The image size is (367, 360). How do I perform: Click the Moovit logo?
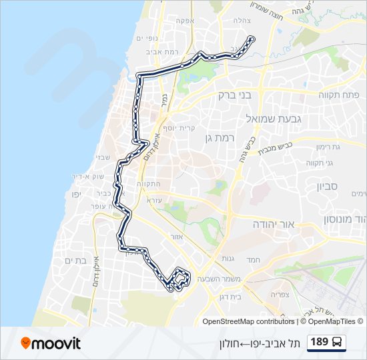[51, 343]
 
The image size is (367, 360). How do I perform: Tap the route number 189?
[320, 343]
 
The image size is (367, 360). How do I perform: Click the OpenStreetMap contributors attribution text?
[248, 321]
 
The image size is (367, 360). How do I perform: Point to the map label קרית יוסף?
[178, 127]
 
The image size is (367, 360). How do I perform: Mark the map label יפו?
[75, 194]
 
